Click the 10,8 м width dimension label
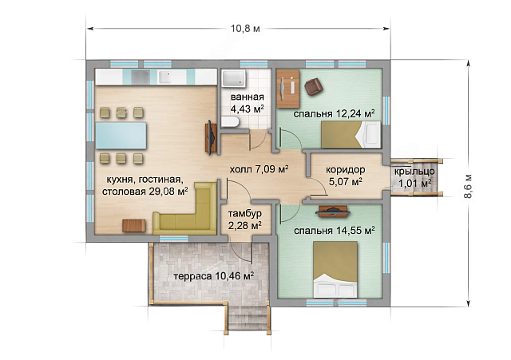(x=245, y=29)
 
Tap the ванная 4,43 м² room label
(x=247, y=103)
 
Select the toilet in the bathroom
(x=230, y=122)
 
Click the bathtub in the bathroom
(x=234, y=79)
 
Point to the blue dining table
(x=121, y=135)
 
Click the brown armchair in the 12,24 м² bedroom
(x=314, y=87)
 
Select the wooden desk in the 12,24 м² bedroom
(x=288, y=89)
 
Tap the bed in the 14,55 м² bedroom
(x=335, y=269)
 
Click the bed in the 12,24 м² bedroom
(x=351, y=135)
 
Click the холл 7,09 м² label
(x=259, y=169)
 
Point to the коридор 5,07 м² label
(x=346, y=176)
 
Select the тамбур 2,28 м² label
(x=245, y=220)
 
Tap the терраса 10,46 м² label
(x=214, y=276)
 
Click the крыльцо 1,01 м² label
(x=414, y=177)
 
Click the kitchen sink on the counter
(x=168, y=77)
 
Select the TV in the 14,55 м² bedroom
(x=333, y=212)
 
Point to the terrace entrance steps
(x=248, y=318)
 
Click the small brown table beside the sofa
(x=134, y=226)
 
